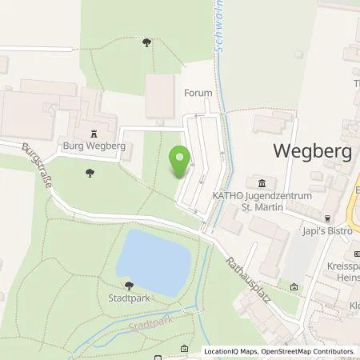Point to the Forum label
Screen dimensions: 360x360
[x=198, y=93]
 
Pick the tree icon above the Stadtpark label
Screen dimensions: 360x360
[x=128, y=285]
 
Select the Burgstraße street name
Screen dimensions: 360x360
[x=38, y=166]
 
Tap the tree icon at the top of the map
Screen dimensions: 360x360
[x=146, y=42]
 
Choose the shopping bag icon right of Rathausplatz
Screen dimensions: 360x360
[x=294, y=286]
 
